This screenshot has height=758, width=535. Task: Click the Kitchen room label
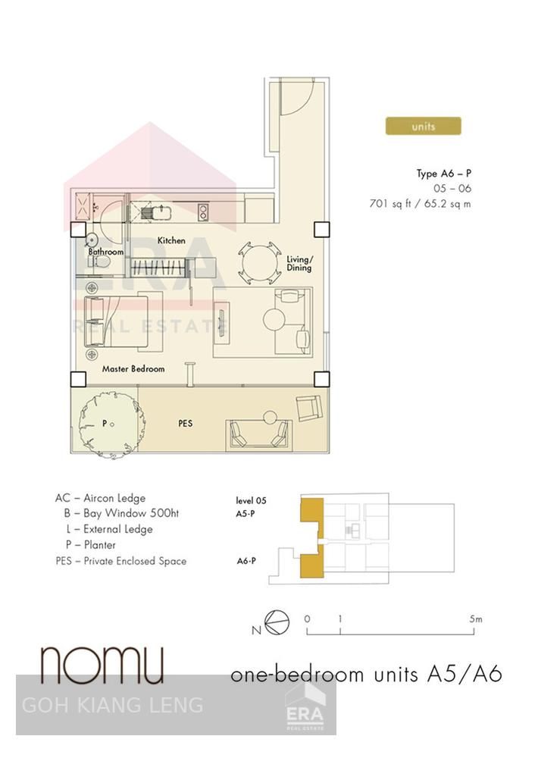[x=171, y=240]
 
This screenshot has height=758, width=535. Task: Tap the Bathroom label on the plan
[x=105, y=252]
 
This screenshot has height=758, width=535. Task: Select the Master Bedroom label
[x=133, y=369]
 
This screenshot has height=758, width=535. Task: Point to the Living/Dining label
[x=299, y=263]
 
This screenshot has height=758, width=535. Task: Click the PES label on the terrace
[x=185, y=423]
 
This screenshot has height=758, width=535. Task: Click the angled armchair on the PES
[x=309, y=407]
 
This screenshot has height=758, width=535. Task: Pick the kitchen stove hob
[x=203, y=212]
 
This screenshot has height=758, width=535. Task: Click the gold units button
[x=423, y=126]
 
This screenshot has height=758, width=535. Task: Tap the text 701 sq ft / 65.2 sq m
[x=419, y=203]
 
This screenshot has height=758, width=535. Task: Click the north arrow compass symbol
[x=277, y=622]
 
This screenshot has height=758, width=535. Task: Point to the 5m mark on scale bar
[x=476, y=619]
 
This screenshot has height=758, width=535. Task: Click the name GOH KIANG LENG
[x=112, y=706]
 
